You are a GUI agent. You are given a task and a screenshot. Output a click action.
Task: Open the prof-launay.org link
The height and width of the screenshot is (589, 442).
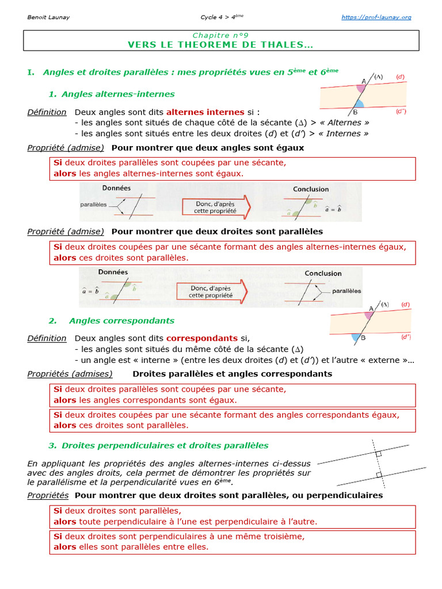376,17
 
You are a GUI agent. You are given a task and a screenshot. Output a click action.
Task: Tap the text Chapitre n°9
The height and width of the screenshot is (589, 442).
220,35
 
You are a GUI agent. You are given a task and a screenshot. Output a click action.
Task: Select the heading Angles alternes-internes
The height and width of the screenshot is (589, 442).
117,94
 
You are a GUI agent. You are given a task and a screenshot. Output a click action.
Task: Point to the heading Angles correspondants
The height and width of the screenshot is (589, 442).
121,320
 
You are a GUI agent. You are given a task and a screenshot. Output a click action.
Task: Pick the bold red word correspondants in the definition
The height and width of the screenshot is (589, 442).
202,338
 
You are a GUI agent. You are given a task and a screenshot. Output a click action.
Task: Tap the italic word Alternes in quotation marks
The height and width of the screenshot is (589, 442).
345,123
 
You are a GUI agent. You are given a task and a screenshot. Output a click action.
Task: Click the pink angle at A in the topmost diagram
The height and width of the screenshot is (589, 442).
361,88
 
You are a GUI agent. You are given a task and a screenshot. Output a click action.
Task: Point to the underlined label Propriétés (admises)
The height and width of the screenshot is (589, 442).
70,374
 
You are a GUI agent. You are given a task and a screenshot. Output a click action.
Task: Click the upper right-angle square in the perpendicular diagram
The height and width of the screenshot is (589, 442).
378,454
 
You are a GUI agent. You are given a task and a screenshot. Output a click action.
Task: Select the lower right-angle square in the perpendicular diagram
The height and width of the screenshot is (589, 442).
378,475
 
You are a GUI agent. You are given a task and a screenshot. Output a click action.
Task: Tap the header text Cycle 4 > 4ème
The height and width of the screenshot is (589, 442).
220,17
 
